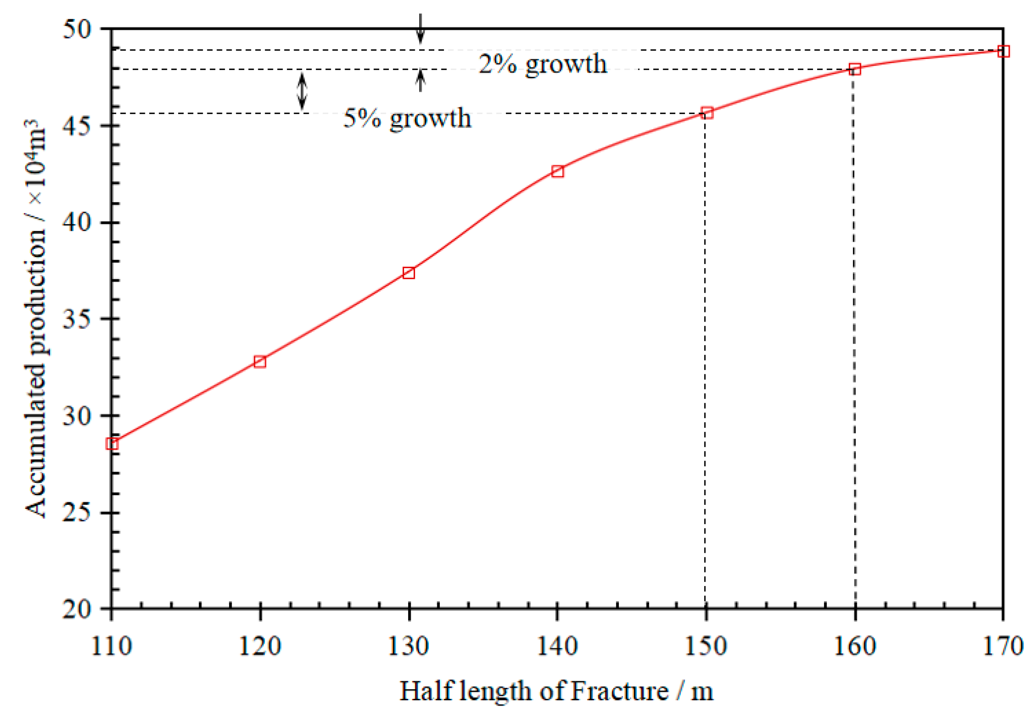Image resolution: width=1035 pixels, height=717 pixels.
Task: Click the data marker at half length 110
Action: tap(112, 444)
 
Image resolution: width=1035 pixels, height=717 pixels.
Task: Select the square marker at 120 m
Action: tap(260, 362)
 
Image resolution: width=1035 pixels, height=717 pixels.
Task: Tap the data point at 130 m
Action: tap(409, 273)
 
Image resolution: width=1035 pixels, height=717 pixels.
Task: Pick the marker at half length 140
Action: tap(557, 171)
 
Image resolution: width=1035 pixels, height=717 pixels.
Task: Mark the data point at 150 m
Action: tap(707, 113)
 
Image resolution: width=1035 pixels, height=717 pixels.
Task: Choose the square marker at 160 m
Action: tap(855, 69)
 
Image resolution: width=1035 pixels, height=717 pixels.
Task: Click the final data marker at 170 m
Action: tap(1003, 51)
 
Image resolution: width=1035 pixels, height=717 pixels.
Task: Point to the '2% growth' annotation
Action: tap(543, 64)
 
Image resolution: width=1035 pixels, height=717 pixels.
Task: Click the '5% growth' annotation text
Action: tap(407, 119)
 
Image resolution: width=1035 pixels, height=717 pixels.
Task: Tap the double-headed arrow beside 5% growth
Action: tap(302, 91)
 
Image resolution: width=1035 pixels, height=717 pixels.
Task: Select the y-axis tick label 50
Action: tap(77, 29)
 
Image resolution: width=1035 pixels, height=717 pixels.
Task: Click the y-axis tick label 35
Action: tap(77, 319)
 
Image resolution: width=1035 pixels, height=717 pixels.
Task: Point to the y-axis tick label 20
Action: tap(77, 609)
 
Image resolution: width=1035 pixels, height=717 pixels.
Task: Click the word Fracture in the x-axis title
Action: tap(620, 691)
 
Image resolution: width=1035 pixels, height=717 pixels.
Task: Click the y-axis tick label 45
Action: tap(77, 125)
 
